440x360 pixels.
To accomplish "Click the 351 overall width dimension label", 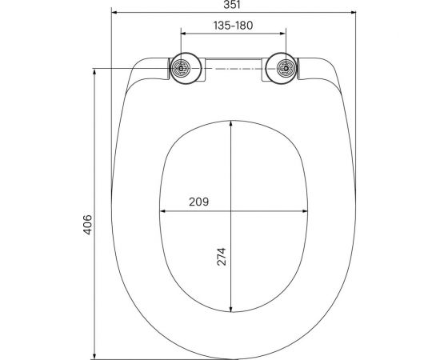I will [x=232, y=6].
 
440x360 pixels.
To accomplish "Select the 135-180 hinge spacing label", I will [x=232, y=26].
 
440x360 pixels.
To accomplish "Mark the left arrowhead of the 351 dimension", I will [x=114, y=14].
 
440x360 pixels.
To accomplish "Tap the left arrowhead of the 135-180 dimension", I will [x=185, y=34].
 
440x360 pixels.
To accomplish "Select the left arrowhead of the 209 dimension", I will [x=163, y=212].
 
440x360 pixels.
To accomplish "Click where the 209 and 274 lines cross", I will [x=232, y=212].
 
